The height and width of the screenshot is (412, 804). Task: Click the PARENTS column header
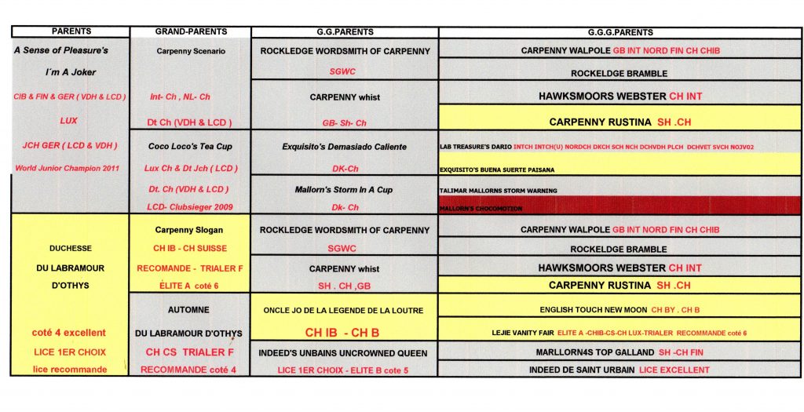(71, 31)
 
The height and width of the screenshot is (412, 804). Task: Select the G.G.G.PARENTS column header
(620, 32)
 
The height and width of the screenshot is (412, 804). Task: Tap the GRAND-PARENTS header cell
(191, 31)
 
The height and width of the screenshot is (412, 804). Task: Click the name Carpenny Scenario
(191, 52)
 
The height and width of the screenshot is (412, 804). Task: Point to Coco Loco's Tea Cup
(190, 146)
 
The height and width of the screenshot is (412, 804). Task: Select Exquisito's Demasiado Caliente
(345, 146)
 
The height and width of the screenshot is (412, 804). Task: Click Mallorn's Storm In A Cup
(345, 189)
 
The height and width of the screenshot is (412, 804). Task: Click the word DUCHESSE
(71, 249)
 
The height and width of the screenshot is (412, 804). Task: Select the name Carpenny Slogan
(190, 231)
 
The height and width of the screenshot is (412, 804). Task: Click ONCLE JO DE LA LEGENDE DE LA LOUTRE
(345, 310)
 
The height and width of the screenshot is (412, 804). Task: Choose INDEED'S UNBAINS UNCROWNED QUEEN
(345, 352)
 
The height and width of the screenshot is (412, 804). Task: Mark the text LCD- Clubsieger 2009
(190, 206)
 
